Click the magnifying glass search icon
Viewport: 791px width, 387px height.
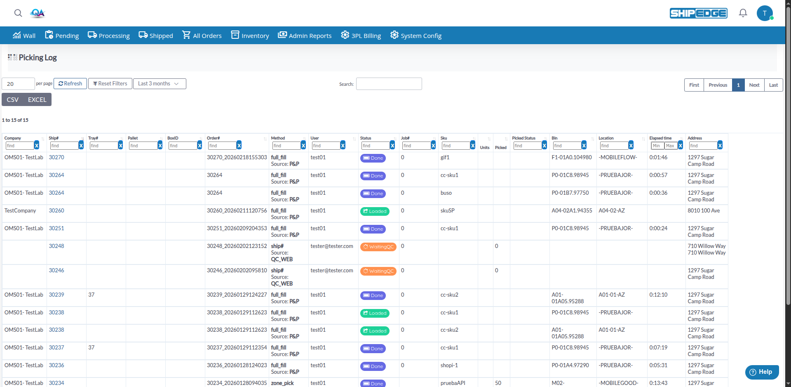(x=18, y=13)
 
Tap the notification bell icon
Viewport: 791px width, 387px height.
(x=743, y=13)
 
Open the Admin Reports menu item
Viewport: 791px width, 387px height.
(x=305, y=35)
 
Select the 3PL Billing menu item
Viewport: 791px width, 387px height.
(x=361, y=35)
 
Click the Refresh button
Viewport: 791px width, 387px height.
(x=70, y=84)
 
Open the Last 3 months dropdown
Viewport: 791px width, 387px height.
(x=160, y=84)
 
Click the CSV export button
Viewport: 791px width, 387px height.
(x=13, y=99)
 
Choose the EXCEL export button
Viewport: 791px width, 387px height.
(x=37, y=99)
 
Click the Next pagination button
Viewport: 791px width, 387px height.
(x=754, y=85)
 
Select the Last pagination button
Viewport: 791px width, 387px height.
(x=774, y=85)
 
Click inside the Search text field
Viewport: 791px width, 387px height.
(x=389, y=84)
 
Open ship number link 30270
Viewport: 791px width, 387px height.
(x=56, y=157)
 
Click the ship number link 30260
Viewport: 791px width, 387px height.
(x=56, y=210)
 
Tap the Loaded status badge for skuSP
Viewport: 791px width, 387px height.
(x=375, y=211)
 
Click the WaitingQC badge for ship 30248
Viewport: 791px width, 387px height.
(x=378, y=247)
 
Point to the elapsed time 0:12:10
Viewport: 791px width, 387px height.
(x=658, y=295)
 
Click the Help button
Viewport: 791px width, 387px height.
(x=762, y=372)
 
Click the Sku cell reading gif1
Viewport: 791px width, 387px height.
(x=445, y=157)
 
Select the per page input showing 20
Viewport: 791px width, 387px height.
(x=18, y=84)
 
